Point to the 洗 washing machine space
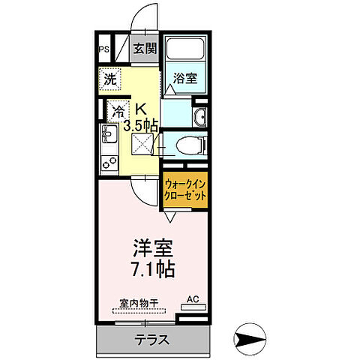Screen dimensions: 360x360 pos(109,79)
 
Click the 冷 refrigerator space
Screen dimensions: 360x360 pos(118,111)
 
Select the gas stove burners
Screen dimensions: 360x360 pos(107,160)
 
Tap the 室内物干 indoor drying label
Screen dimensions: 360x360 pos(140,304)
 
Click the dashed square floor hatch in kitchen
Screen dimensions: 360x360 pos(143,144)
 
